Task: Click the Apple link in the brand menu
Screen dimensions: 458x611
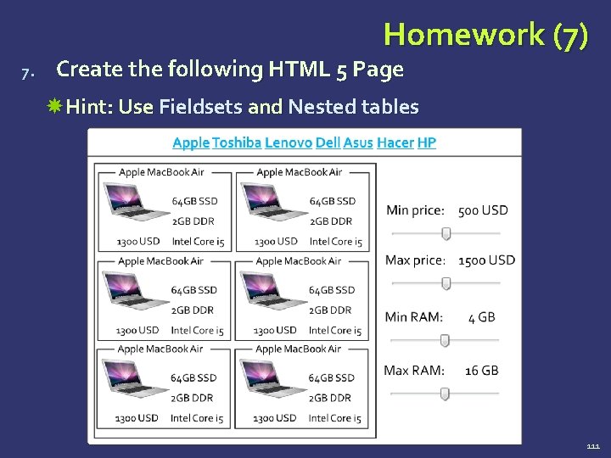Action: (190, 142)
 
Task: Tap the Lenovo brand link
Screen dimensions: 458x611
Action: (288, 142)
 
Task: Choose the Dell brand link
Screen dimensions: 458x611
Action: (328, 142)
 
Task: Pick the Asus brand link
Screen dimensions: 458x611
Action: (358, 142)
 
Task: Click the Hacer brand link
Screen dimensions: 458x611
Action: (395, 142)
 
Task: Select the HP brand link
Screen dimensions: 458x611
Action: (427, 142)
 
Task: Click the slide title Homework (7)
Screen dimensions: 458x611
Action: (485, 35)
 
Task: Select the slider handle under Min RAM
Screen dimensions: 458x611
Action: (444, 340)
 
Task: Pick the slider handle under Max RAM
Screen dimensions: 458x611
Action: (444, 394)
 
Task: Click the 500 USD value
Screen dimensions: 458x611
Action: (483, 210)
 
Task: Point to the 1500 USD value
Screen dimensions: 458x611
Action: (486, 260)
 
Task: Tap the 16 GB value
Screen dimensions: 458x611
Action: (482, 371)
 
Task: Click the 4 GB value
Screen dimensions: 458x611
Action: (482, 317)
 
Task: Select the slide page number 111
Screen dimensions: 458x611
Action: (592, 446)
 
